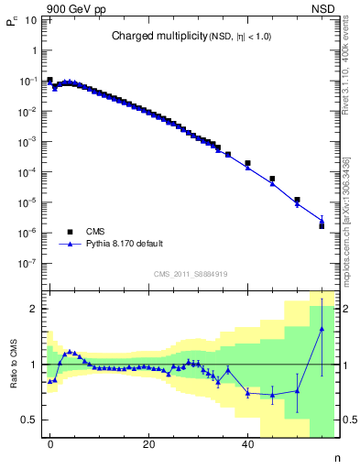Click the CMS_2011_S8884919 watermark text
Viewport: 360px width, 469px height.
(191, 273)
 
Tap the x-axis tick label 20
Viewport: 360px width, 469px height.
(148, 444)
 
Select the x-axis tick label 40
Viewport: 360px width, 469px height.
(247, 444)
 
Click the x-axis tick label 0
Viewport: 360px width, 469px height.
(50, 444)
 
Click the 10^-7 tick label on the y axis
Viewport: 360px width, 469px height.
(28, 263)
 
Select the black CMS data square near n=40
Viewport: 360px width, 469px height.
(247, 163)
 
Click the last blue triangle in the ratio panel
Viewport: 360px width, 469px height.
(322, 329)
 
